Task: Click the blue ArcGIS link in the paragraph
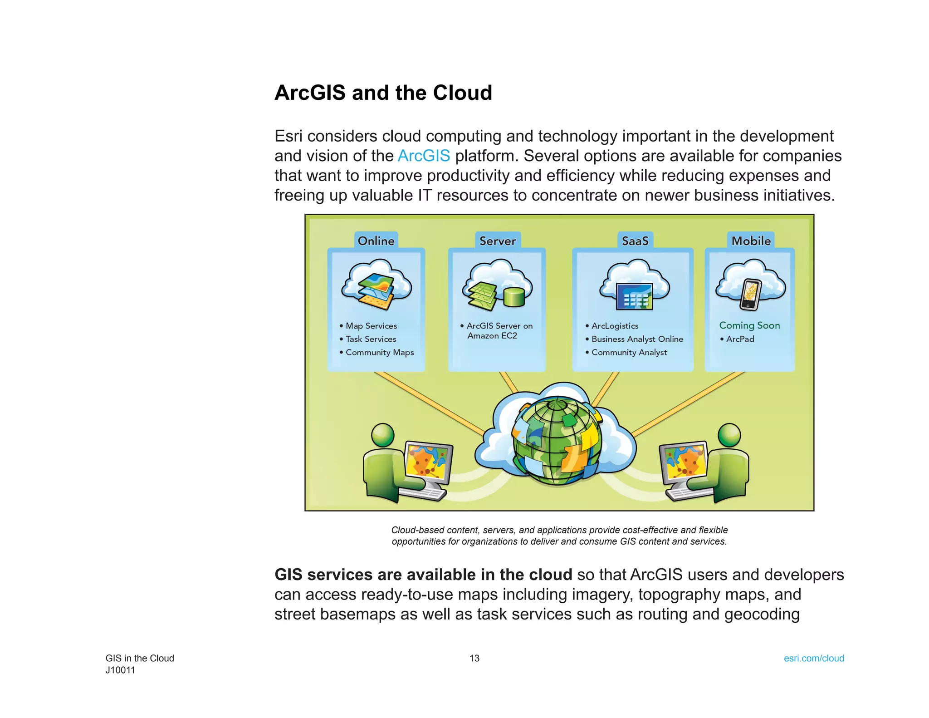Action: point(424,156)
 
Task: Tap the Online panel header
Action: point(376,241)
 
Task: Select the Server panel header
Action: point(498,241)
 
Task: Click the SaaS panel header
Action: point(635,241)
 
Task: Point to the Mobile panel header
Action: point(751,241)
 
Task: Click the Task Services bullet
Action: point(371,339)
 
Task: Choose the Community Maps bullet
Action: point(379,352)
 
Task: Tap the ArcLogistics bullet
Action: point(614,326)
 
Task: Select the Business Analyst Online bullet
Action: point(637,339)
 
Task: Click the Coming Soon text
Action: point(749,325)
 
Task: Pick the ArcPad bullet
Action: point(740,339)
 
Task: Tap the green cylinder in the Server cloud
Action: point(514,297)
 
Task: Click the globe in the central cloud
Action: point(557,441)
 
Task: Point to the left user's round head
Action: point(383,435)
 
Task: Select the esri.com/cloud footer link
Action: point(814,658)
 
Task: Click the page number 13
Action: point(474,658)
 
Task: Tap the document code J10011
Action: point(120,670)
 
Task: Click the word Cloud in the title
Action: point(462,93)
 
